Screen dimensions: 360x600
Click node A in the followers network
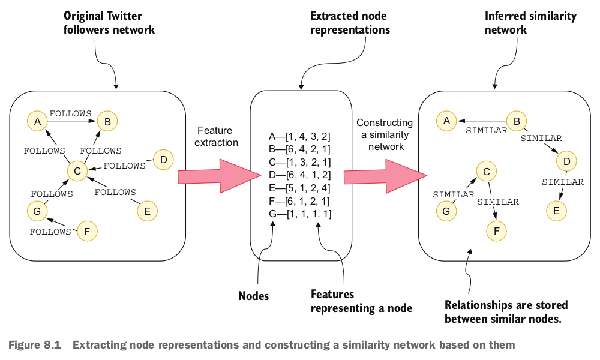(37, 122)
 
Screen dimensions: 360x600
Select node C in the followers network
(77, 172)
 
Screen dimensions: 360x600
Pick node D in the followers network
(163, 160)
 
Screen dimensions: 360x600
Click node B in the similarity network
(516, 121)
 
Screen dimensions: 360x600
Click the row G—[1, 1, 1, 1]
(300, 213)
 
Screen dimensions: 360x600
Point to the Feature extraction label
(217, 137)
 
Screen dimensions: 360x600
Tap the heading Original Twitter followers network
(109, 23)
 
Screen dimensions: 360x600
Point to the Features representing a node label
(361, 301)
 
